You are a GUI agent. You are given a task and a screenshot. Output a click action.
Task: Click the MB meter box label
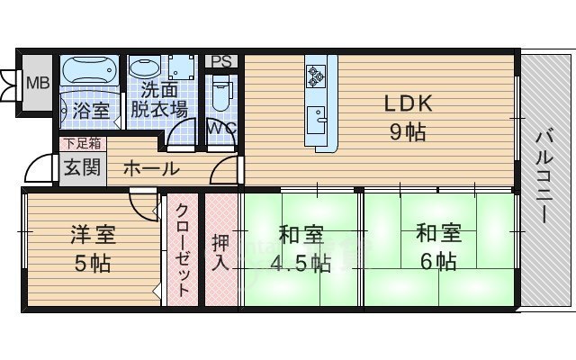[x=37, y=84]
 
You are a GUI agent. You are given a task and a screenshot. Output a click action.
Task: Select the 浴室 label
[x=91, y=112]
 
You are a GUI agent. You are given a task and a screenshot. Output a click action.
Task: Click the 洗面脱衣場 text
[x=159, y=100]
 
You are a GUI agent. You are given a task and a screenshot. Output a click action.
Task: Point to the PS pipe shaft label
[x=222, y=61]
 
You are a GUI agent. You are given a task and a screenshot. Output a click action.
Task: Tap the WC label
[x=221, y=127]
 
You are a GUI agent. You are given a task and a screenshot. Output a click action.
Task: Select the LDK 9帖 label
[x=409, y=117]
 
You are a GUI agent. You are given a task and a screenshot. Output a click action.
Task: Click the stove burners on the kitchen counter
[x=317, y=74]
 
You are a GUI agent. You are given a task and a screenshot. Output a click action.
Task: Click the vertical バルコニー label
[x=544, y=178]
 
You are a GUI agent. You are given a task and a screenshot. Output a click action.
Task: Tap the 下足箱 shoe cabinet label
[x=81, y=143]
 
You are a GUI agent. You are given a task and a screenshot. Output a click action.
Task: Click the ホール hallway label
[x=149, y=168]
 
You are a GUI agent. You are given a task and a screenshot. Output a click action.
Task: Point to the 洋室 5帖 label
[x=93, y=249]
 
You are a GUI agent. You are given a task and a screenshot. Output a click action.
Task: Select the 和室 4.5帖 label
[x=301, y=249]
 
